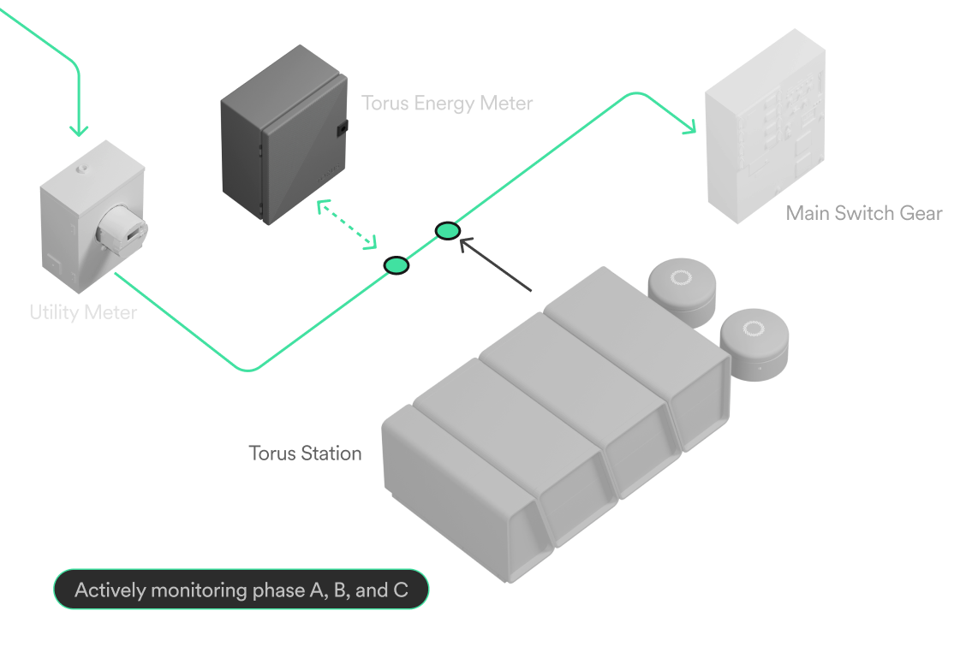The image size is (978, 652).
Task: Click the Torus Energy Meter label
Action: [447, 103]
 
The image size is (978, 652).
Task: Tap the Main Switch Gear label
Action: [864, 213]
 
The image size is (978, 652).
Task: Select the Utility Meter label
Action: [84, 311]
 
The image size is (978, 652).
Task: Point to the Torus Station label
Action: [305, 453]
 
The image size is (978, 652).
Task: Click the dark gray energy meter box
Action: [283, 134]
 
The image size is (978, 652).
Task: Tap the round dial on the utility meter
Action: [122, 228]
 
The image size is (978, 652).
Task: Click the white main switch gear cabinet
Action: [766, 127]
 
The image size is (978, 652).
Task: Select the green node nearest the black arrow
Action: [448, 231]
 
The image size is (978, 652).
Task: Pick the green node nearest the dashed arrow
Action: [396, 265]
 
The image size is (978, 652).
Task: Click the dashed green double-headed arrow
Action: [347, 224]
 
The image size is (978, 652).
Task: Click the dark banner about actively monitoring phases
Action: [242, 589]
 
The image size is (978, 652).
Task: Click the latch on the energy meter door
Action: [343, 128]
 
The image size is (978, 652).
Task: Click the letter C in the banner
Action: [401, 590]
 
